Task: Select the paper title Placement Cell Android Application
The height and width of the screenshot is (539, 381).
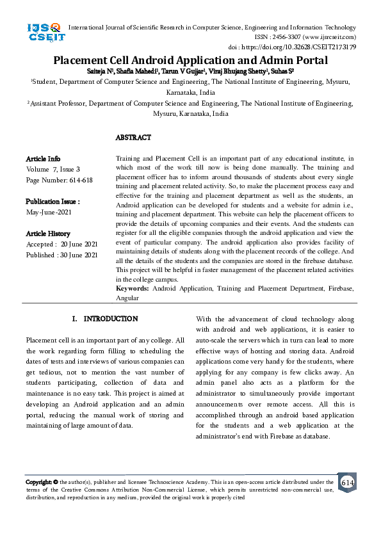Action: (190, 61)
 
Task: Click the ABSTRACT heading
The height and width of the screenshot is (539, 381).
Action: (133, 138)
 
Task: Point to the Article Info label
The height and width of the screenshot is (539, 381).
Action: (43, 158)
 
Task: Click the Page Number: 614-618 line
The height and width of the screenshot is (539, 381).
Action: (59, 180)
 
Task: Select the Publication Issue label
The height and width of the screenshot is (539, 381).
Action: (53, 201)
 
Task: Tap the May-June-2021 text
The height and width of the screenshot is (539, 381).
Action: (48, 211)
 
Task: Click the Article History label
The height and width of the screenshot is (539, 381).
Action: (48, 234)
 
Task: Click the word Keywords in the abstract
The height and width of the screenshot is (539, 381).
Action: (132, 289)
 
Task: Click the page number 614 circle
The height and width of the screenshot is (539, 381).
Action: (348, 482)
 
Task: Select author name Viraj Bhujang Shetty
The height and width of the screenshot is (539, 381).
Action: (241, 70)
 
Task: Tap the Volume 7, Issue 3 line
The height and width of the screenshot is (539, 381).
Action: (53, 169)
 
